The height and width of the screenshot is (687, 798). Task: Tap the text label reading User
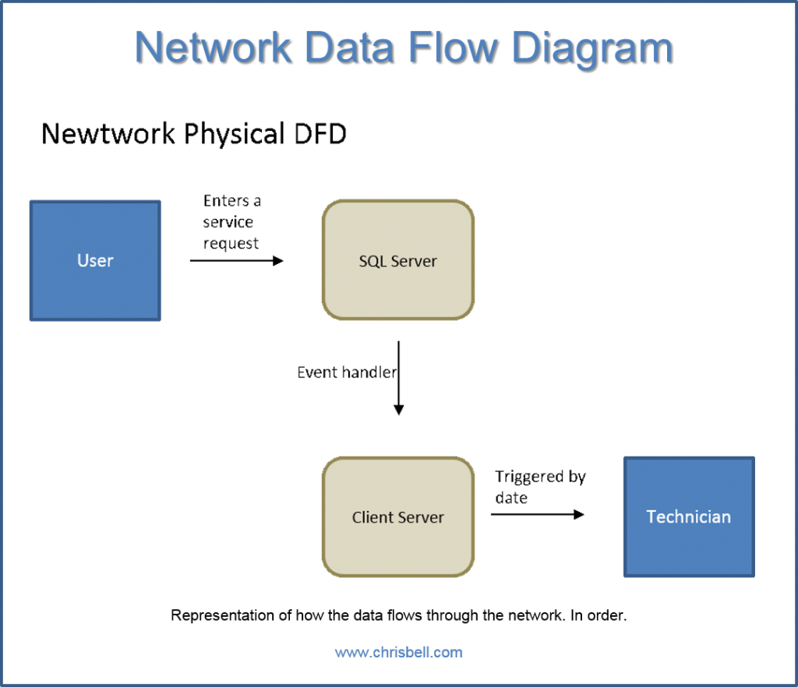pyautogui.click(x=95, y=260)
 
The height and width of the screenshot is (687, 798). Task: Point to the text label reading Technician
pyautogui.click(x=689, y=516)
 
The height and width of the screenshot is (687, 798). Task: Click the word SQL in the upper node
pyautogui.click(x=372, y=262)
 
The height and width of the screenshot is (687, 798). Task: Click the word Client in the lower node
pyautogui.click(x=372, y=517)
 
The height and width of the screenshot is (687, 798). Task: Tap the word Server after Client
pyautogui.click(x=421, y=517)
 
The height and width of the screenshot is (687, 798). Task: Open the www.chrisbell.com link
pyautogui.click(x=398, y=653)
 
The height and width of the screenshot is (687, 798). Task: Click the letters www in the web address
pyautogui.click(x=348, y=653)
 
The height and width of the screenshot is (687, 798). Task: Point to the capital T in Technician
pyautogui.click(x=651, y=516)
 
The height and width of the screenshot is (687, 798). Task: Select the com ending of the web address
pyautogui.click(x=450, y=653)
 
